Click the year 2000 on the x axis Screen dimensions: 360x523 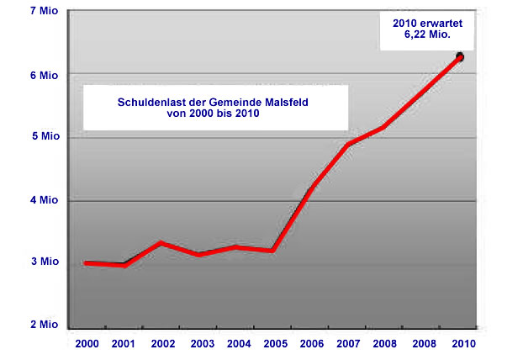click(x=87, y=344)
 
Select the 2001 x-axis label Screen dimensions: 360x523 click(x=124, y=344)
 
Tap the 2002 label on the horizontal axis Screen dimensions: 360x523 click(x=164, y=344)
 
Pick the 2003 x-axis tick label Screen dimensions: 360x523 click(x=203, y=344)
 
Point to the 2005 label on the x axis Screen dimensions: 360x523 click(x=276, y=344)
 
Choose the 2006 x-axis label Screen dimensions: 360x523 click(x=312, y=344)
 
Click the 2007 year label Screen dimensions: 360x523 click(x=349, y=344)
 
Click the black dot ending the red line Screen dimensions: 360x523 click(x=460, y=56)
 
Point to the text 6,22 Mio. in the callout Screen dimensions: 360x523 click(x=428, y=36)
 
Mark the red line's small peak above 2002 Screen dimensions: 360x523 click(x=162, y=243)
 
